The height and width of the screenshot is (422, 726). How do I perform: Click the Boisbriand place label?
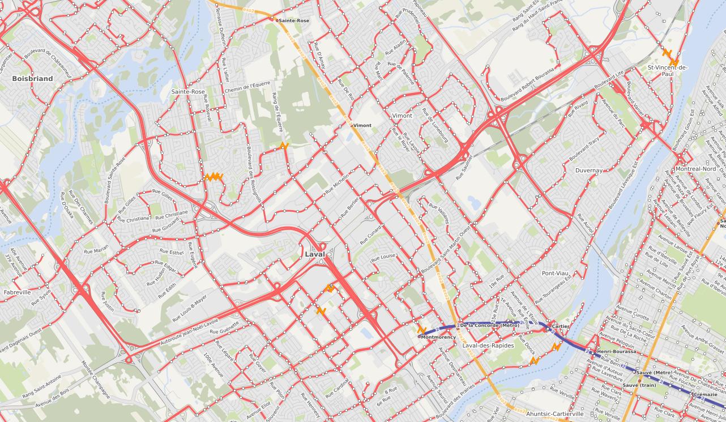(32, 79)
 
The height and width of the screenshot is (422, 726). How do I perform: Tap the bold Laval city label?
(315, 254)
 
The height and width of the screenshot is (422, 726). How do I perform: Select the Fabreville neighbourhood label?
(17, 292)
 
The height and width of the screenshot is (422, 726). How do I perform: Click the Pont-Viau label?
(555, 273)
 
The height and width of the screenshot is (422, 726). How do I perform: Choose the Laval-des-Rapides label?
(488, 346)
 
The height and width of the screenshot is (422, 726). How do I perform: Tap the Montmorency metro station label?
(438, 337)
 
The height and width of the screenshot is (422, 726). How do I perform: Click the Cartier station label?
(560, 327)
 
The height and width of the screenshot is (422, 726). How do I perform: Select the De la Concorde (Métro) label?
(489, 325)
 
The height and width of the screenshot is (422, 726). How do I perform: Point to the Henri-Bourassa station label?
(617, 352)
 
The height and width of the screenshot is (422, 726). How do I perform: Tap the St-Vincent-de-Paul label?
(668, 71)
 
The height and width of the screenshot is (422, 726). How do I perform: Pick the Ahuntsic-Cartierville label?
(554, 414)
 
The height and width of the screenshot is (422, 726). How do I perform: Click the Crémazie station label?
(704, 394)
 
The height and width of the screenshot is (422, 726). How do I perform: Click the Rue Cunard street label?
(371, 232)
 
